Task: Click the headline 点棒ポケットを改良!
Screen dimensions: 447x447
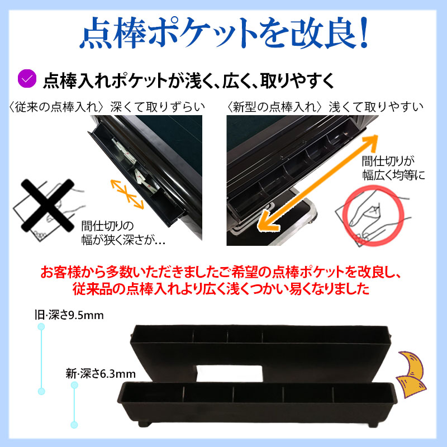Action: coord(223,35)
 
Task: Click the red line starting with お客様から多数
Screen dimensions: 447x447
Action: coord(223,274)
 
